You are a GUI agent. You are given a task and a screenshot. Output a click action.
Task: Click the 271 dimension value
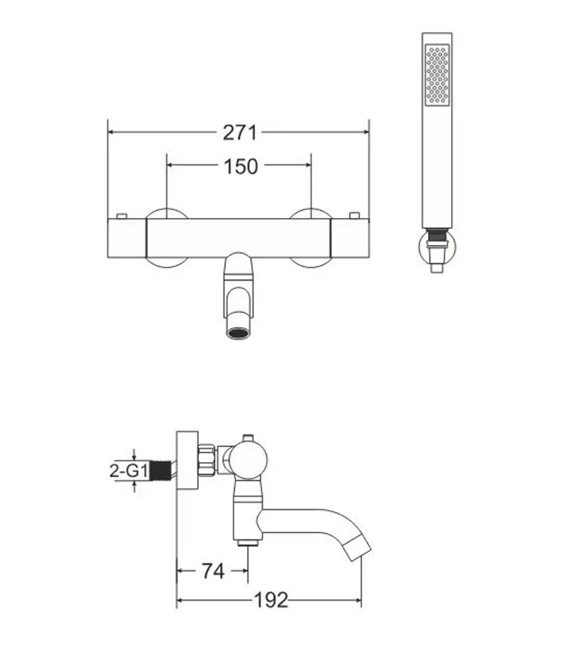[x=239, y=133]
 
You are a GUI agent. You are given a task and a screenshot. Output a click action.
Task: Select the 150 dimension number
[x=240, y=166]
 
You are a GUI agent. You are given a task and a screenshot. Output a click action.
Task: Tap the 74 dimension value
[x=213, y=571]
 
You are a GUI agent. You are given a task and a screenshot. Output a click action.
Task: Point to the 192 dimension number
[x=271, y=600]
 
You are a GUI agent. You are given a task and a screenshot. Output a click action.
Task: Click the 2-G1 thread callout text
[x=128, y=471]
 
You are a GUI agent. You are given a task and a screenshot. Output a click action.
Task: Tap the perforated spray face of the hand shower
[x=437, y=74]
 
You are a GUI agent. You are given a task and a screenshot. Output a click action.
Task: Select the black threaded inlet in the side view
[x=161, y=471]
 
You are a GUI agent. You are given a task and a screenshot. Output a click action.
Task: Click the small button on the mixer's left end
[x=122, y=216]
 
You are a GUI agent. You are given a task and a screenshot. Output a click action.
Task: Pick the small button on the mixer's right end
[x=355, y=216]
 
